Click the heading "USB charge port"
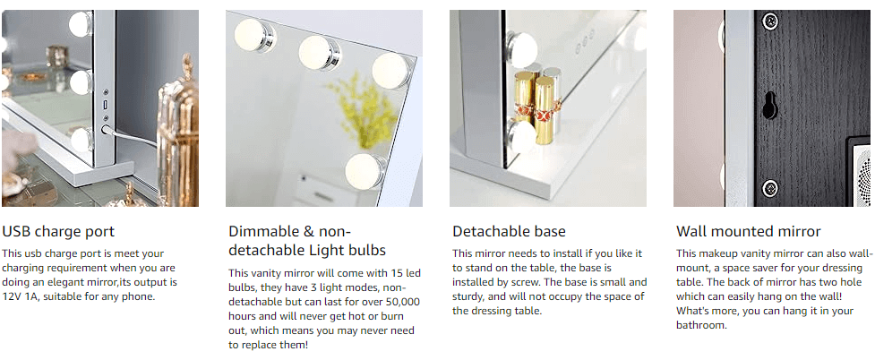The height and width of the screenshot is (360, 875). pyautogui.click(x=58, y=232)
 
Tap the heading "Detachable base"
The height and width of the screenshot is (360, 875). pyautogui.click(x=509, y=232)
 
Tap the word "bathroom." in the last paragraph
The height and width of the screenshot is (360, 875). pyautogui.click(x=701, y=325)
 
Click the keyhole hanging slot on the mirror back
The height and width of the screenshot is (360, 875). pyautogui.click(x=769, y=106)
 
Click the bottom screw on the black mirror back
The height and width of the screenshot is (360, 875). pyautogui.click(x=769, y=188)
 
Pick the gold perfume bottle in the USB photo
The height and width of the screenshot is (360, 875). pyautogui.click(x=176, y=116)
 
